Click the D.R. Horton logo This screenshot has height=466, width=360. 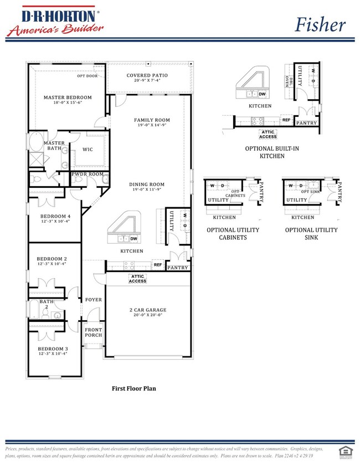click(54, 22)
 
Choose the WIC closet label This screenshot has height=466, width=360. click(88, 149)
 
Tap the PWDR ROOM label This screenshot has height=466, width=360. click(88, 175)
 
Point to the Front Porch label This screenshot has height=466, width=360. click(93, 332)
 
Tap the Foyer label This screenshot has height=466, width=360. click(93, 300)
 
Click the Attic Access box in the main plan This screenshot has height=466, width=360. click(138, 279)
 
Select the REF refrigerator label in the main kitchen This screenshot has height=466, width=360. click(158, 265)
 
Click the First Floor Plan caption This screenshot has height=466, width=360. click(134, 389)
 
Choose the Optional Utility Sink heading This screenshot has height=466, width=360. click(311, 233)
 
